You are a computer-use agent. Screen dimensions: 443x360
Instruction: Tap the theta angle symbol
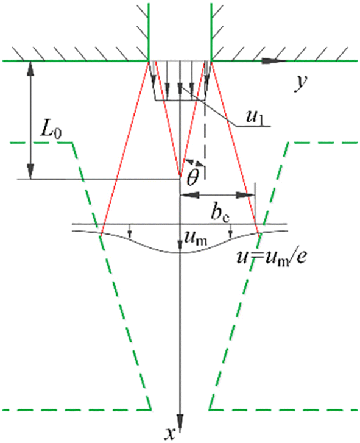pos(193,175)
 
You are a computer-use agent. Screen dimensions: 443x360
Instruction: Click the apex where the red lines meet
pos(180,178)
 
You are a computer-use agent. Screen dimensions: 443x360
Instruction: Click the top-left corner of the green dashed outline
pos(73,143)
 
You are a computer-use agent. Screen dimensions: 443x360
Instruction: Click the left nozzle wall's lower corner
pos(149,61)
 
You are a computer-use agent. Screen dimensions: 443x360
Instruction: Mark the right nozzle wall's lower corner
pos(210,61)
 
